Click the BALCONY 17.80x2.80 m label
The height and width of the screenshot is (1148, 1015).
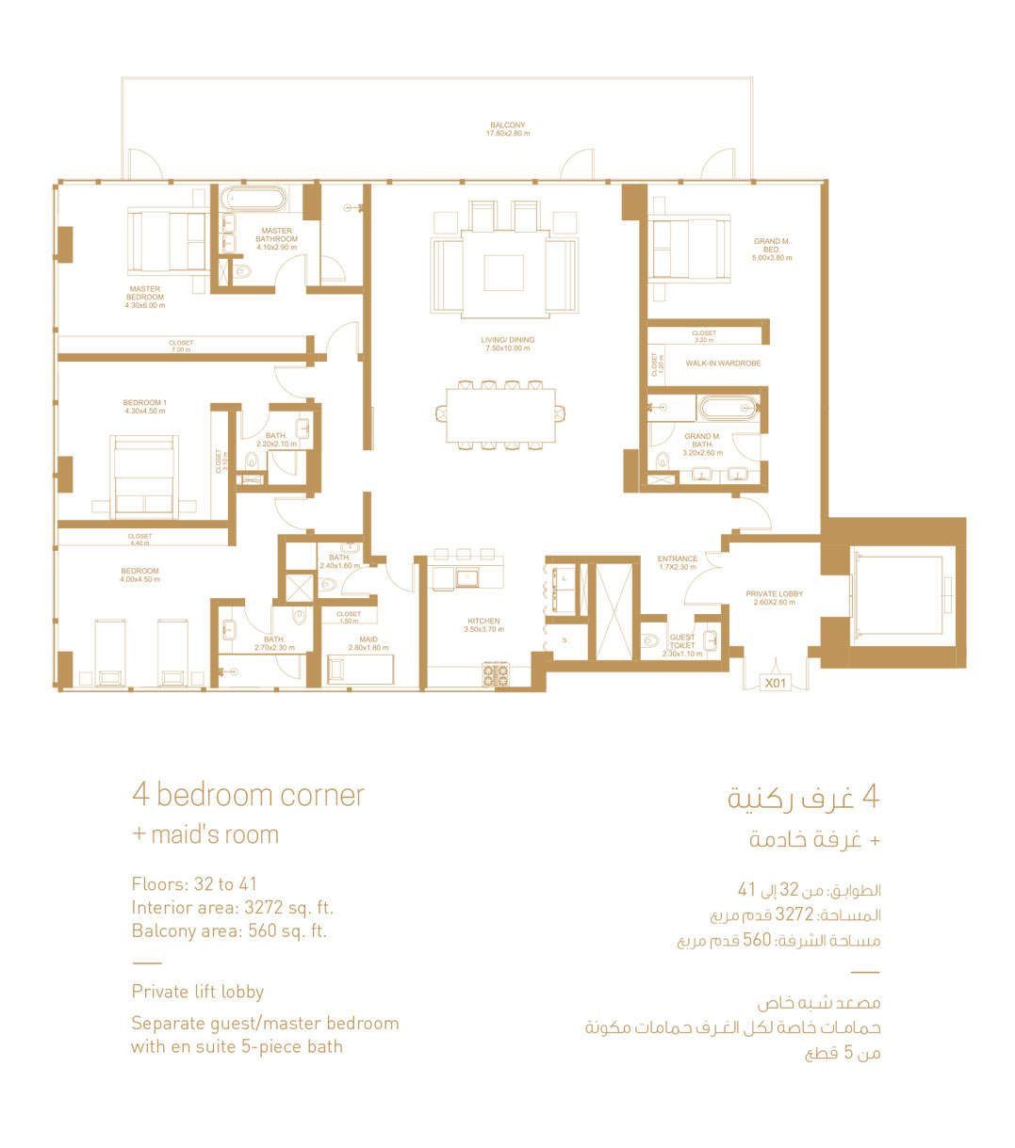[507, 129]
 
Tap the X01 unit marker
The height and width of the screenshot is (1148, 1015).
[775, 683]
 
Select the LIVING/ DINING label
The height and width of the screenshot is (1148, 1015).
[507, 344]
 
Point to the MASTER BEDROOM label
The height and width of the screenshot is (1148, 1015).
[145, 297]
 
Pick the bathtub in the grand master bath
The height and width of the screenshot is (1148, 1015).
[727, 409]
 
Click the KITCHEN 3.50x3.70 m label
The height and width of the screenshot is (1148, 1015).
[483, 625]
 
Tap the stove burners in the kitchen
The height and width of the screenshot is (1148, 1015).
[496, 674]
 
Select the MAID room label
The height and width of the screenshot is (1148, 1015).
[368, 643]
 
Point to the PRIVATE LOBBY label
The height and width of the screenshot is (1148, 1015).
[774, 598]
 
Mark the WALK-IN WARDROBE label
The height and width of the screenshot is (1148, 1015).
[722, 364]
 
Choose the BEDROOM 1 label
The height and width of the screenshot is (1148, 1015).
[145, 407]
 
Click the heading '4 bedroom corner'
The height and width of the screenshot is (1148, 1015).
[248, 796]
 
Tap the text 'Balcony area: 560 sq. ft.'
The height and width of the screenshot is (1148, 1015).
[229, 931]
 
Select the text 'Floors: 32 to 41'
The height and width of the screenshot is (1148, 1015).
[194, 884]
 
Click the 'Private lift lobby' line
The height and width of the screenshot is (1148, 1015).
[198, 992]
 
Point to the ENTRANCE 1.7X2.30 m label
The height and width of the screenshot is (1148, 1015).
[678, 562]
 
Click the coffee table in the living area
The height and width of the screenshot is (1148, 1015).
[503, 273]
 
